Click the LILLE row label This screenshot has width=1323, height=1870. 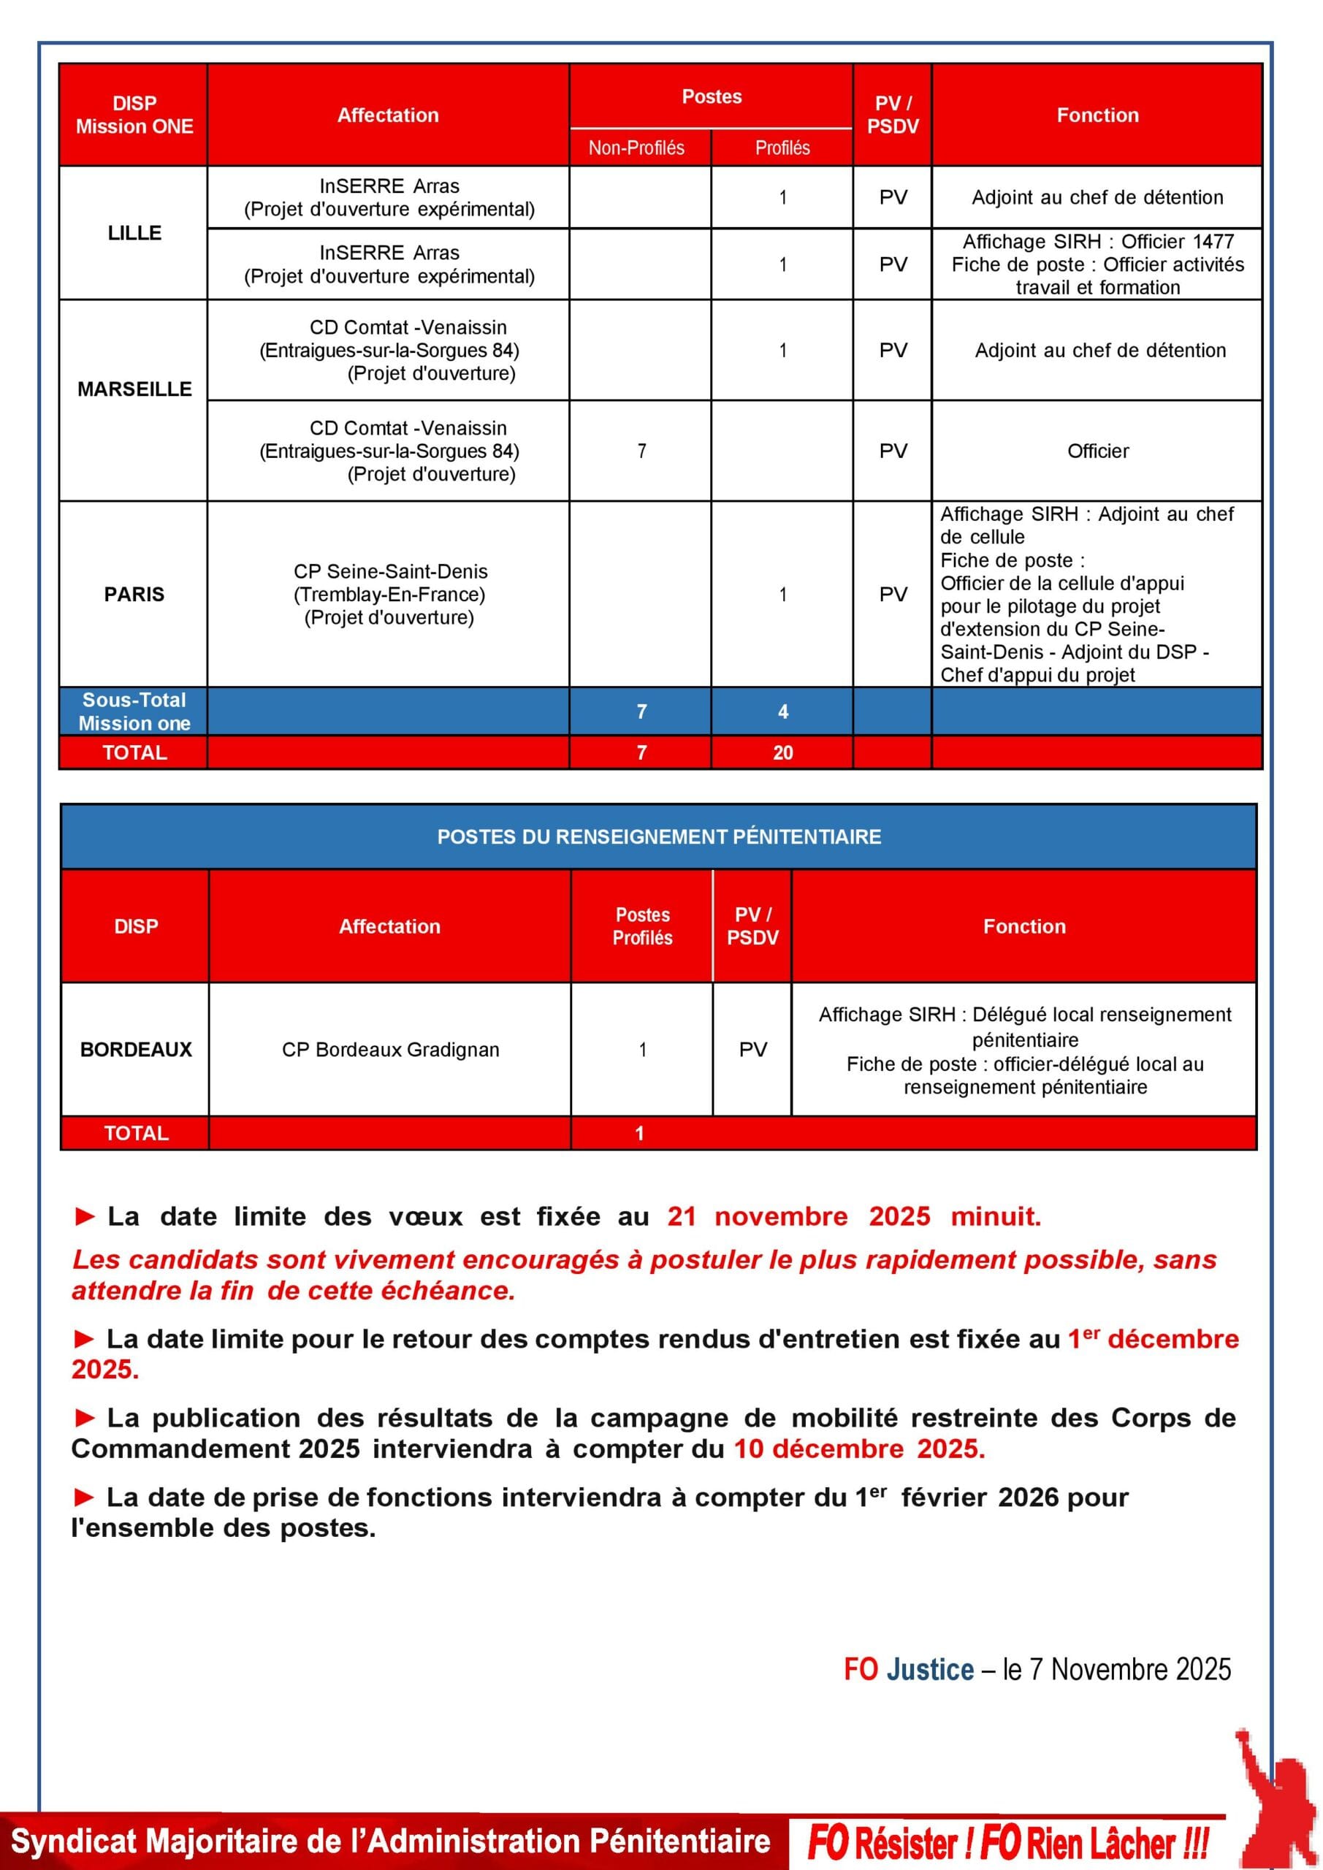[x=134, y=233]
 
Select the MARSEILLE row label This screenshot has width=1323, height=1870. [x=134, y=389]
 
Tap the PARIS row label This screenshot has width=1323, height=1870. [x=134, y=594]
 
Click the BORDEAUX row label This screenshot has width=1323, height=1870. [x=136, y=1049]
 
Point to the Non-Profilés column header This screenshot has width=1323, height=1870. [x=636, y=148]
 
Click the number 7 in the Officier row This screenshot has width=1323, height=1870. [x=642, y=451]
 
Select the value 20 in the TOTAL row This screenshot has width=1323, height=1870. [x=782, y=752]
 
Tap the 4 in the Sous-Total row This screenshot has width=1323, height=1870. [x=782, y=711]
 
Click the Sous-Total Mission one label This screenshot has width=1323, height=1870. [x=134, y=711]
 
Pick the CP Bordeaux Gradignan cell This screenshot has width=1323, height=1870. [x=390, y=1049]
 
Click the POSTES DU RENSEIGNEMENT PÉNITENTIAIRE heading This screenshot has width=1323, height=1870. [x=659, y=836]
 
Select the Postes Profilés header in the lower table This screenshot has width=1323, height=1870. [x=642, y=926]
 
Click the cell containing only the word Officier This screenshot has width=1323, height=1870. [x=1097, y=451]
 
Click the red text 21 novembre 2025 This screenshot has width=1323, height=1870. [x=798, y=1216]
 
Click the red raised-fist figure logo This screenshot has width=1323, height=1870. [x=1274, y=1792]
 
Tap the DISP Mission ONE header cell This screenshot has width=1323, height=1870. [x=134, y=115]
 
